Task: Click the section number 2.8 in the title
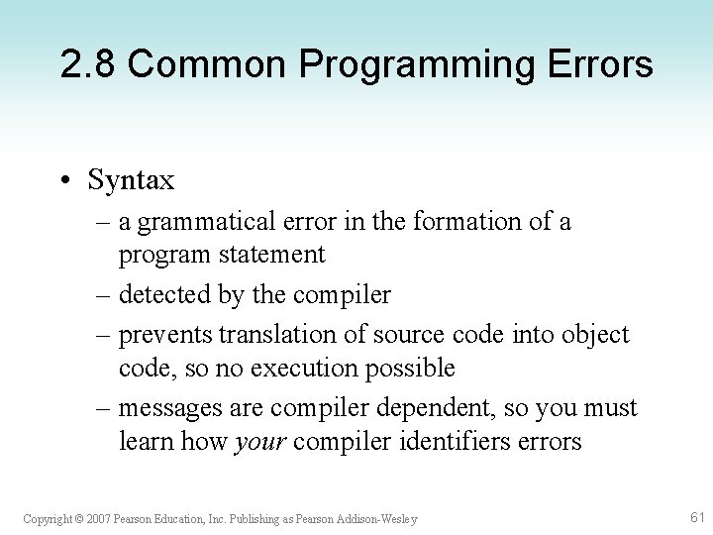[87, 65]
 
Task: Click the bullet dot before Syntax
[64, 180]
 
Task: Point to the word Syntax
[131, 181]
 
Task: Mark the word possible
[410, 369]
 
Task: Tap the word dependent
[451, 407]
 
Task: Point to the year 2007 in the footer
[97, 519]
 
